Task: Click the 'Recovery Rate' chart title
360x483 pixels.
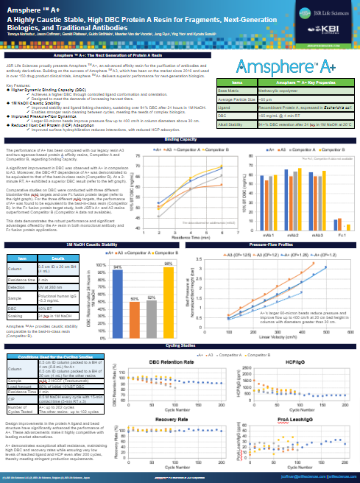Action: tap(172, 359)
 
